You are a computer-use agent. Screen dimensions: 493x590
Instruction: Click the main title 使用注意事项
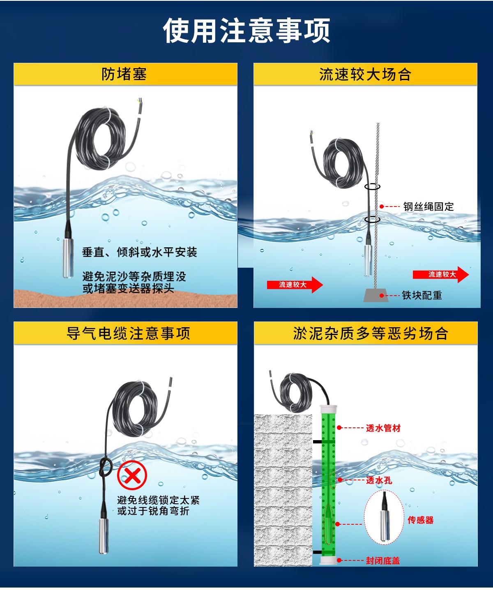[x=246, y=30]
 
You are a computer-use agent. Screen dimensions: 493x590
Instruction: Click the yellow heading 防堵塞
[x=124, y=74]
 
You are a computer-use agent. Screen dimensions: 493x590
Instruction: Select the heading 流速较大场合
[x=365, y=75]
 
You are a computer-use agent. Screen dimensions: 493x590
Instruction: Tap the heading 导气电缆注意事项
[x=129, y=333]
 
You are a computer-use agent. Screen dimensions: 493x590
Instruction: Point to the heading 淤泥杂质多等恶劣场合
[x=371, y=333]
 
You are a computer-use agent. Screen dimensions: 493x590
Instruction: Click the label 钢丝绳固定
[x=428, y=207]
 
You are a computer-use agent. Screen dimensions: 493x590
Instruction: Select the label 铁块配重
[x=422, y=295]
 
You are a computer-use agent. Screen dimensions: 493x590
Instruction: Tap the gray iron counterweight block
[x=376, y=295]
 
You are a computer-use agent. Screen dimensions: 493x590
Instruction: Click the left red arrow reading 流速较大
[x=295, y=285]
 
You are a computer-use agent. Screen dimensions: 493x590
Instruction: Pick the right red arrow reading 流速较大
[x=441, y=274]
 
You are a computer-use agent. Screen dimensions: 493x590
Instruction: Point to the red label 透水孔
[x=379, y=480]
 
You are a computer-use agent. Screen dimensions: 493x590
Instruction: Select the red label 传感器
[x=421, y=520]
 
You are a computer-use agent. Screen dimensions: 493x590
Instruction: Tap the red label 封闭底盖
[x=383, y=560]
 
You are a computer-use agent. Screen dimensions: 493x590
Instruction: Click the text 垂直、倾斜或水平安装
[x=139, y=252]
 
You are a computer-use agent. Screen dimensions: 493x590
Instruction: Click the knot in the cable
[x=106, y=468]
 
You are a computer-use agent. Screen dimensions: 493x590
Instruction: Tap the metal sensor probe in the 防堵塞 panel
[x=68, y=257]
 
